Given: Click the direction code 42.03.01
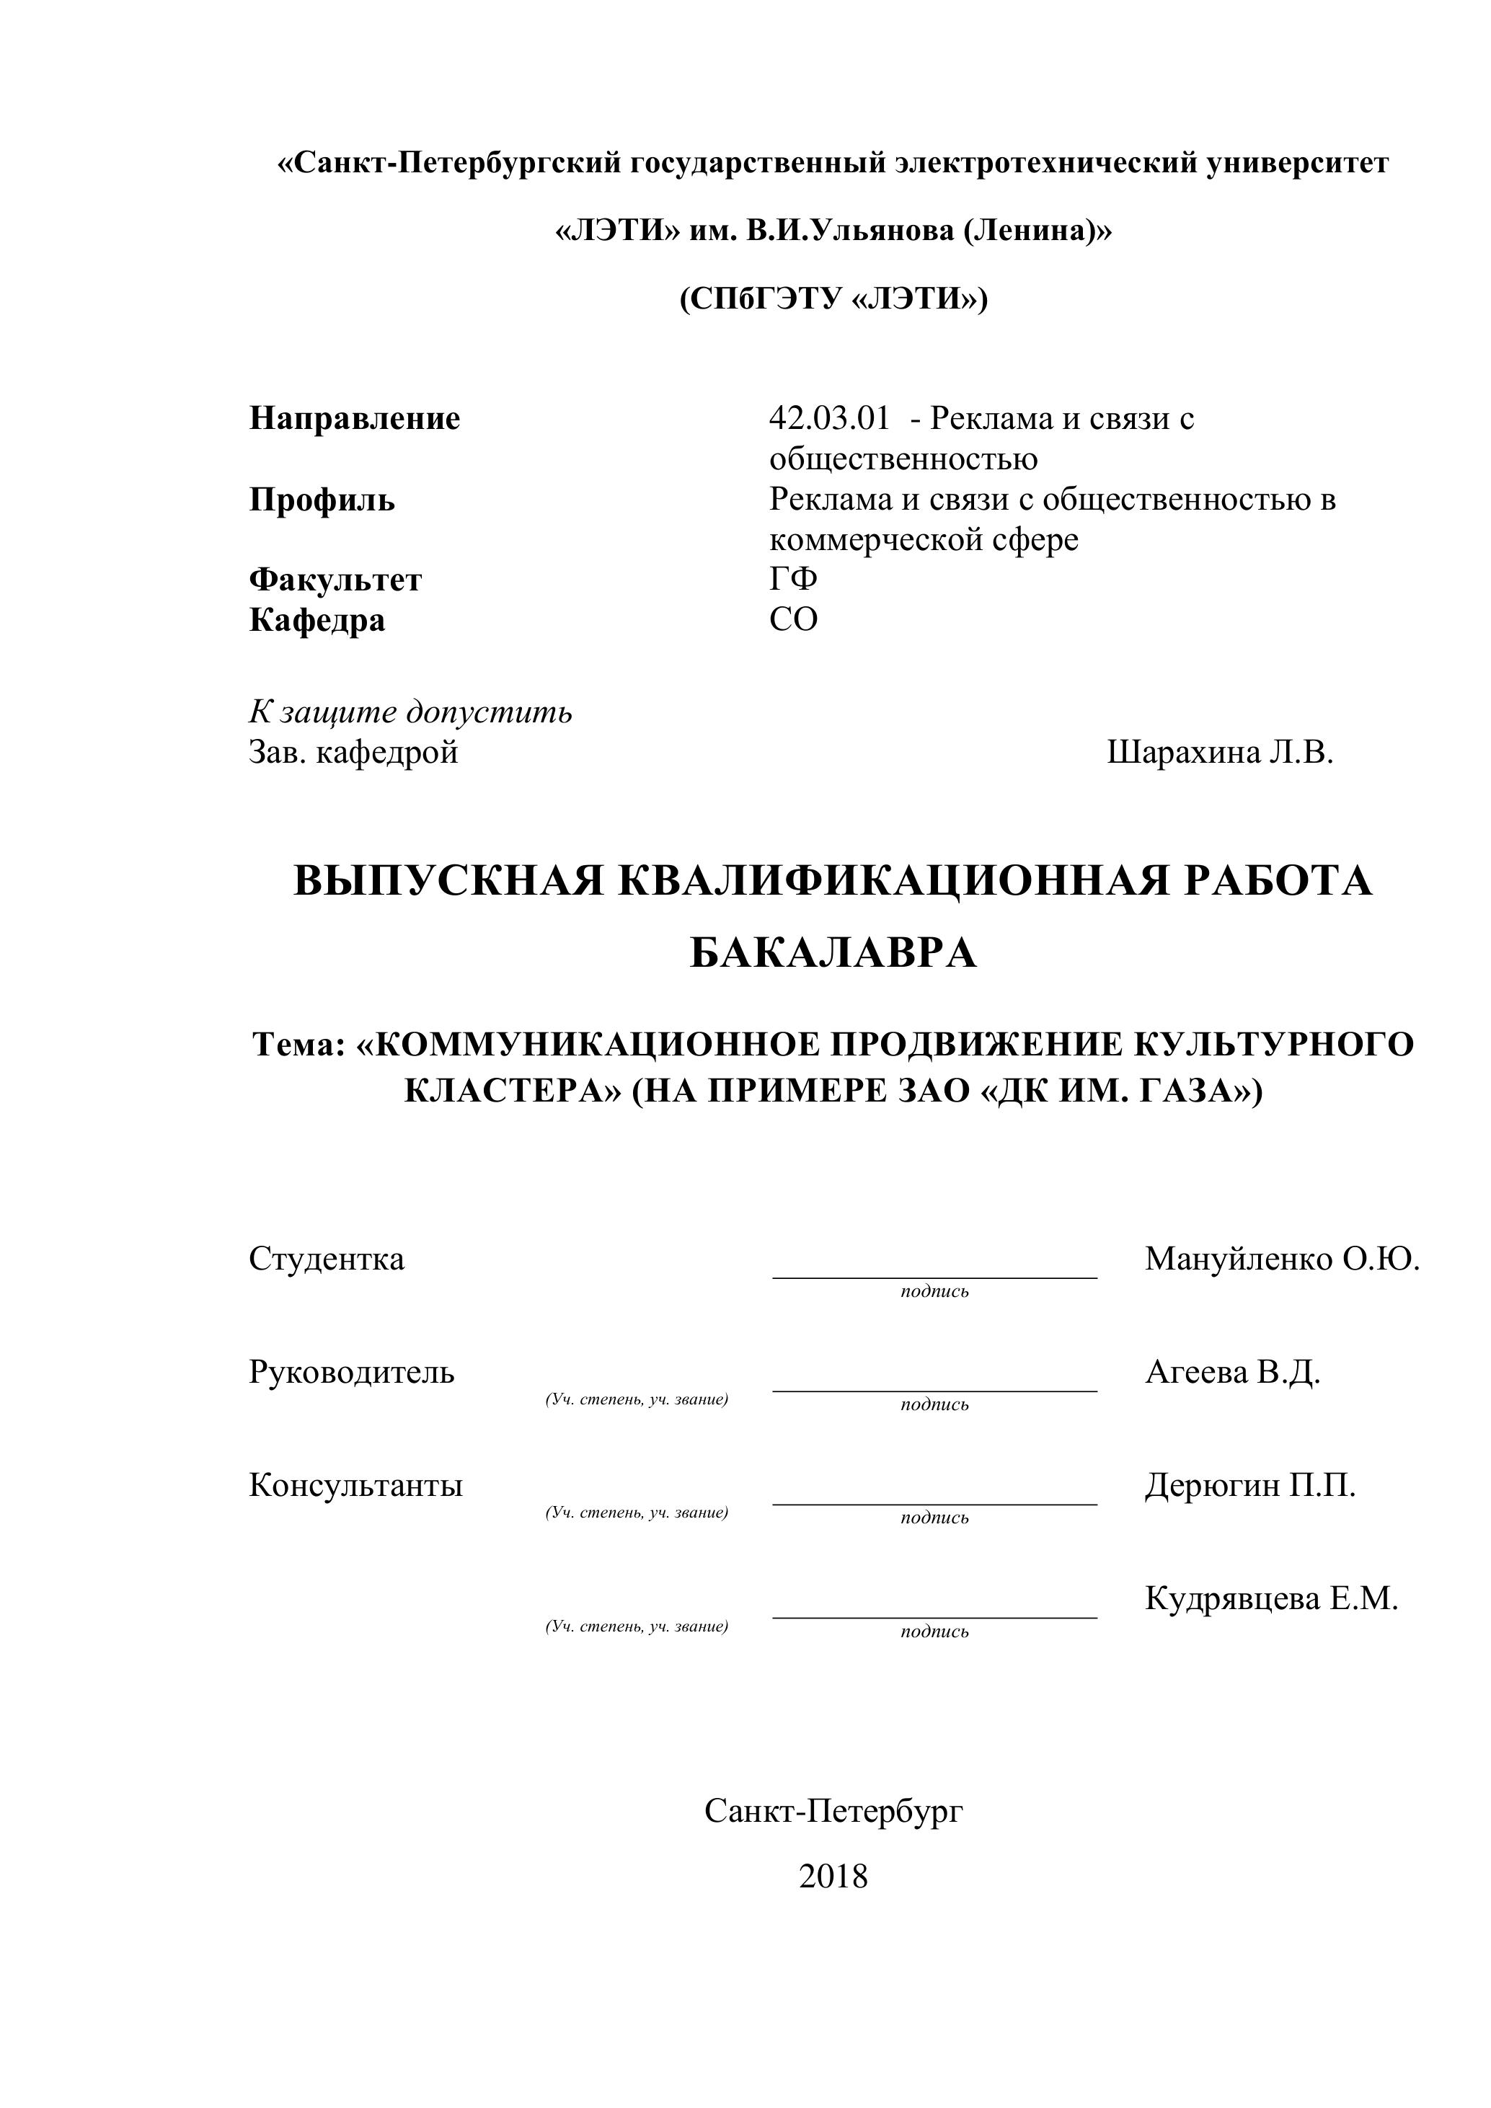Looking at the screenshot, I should point(829,419).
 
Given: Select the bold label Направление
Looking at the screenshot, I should point(355,419).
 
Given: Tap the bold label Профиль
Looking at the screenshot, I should point(322,500).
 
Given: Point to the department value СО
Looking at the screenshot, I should point(793,620).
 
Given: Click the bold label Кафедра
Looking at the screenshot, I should point(317,620).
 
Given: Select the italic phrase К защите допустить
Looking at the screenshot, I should point(410,712).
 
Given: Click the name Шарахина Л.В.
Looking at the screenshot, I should point(1219,753).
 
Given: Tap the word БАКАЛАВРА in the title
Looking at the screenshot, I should point(833,954).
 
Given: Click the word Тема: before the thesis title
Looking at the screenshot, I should point(298,1045).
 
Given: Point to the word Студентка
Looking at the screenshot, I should point(326,1259).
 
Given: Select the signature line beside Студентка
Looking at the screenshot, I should point(934,1276).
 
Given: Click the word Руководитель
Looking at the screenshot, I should point(352,1373).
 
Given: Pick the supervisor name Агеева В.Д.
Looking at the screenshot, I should point(1232,1373).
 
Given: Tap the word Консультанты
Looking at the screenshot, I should point(355,1486).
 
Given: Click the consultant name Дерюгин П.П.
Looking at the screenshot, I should point(1249,1486).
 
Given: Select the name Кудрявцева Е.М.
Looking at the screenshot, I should point(1270,1599).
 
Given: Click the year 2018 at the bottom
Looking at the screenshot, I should point(833,1877).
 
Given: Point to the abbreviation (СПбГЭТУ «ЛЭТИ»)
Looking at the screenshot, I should point(833,299).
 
